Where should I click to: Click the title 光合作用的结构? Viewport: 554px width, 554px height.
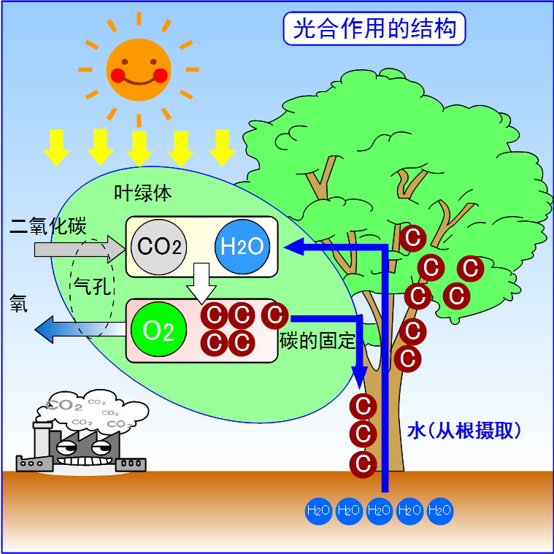[x=374, y=29]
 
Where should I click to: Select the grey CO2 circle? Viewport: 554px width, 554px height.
[x=160, y=247]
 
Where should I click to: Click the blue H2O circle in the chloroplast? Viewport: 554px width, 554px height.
[x=242, y=247]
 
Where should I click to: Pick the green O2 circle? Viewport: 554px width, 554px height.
[x=158, y=330]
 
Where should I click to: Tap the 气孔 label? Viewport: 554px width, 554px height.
[x=91, y=285]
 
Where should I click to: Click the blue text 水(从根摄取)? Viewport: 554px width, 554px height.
[x=464, y=431]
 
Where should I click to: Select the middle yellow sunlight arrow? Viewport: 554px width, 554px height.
[x=139, y=147]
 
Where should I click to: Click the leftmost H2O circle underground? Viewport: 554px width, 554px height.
[x=319, y=510]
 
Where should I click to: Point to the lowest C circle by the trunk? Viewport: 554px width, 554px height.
[x=362, y=463]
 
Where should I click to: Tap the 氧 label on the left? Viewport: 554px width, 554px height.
[x=19, y=302]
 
